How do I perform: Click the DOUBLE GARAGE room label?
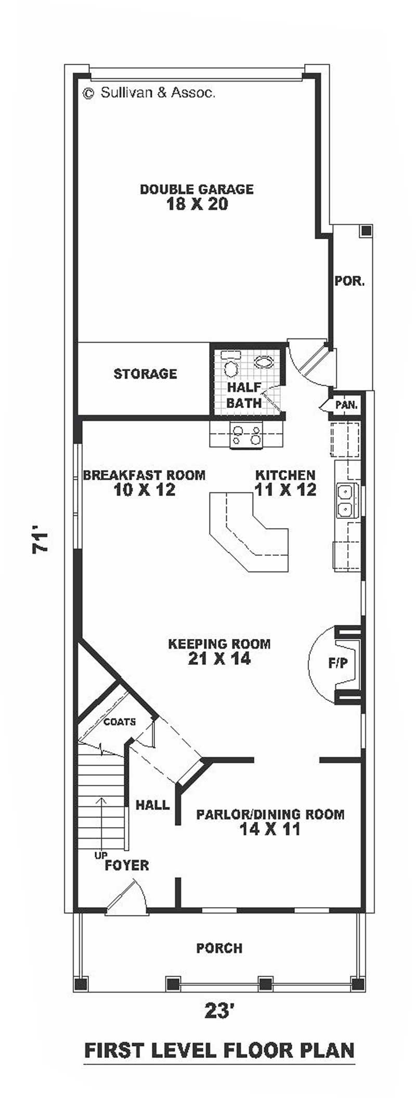pos(197,189)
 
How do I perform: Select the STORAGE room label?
pos(145,374)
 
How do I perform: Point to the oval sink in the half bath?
pos(265,362)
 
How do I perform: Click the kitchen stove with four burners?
pos(246,434)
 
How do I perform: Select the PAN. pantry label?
pos(346,405)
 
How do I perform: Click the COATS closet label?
pos(120,722)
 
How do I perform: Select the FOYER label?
pos(127,866)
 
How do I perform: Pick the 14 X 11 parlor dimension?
pos(270,829)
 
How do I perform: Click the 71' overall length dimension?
pos(42,542)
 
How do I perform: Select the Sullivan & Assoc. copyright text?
pos(149,93)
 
